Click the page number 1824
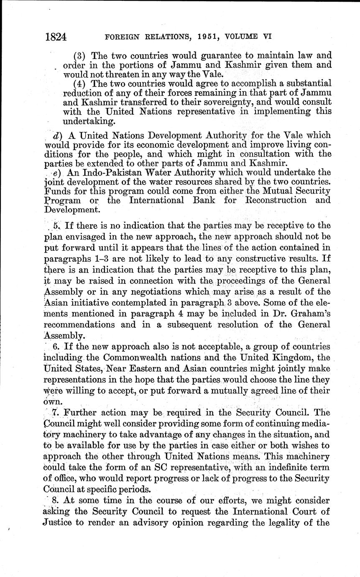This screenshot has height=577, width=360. (56, 37)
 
